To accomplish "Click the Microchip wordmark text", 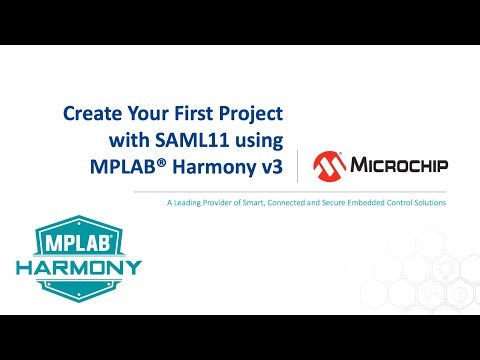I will (398, 165).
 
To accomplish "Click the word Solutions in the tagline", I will (429, 204).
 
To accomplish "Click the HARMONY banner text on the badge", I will (79, 270).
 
